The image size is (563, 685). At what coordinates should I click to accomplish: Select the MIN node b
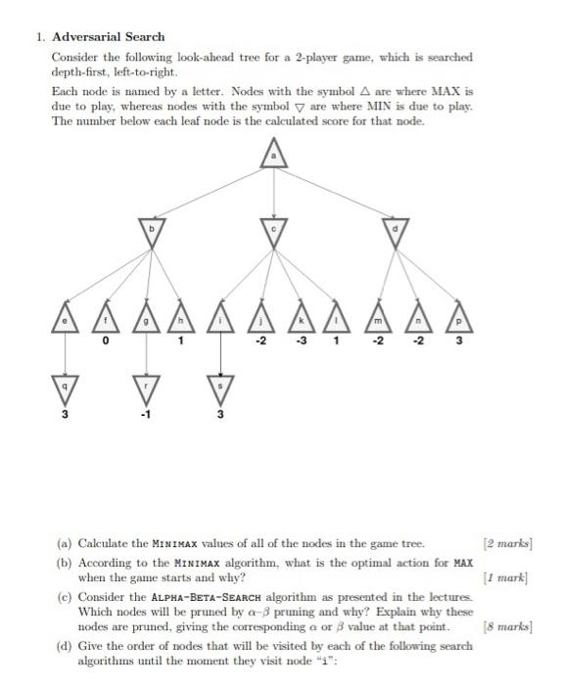click(x=151, y=231)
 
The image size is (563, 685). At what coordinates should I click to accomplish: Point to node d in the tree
click(x=396, y=231)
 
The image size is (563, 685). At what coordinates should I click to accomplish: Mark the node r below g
click(x=145, y=388)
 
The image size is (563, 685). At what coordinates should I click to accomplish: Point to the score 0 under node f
click(x=106, y=342)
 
